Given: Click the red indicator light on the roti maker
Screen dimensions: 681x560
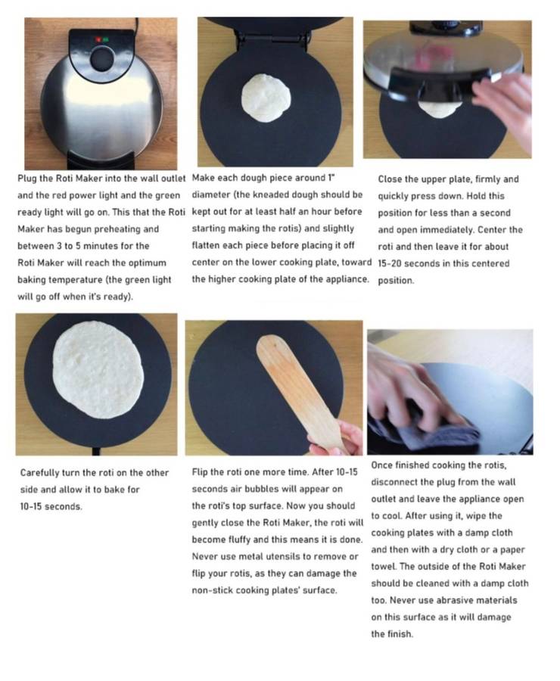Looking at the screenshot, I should pos(96,39).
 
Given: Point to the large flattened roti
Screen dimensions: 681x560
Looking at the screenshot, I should pos(96,370).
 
